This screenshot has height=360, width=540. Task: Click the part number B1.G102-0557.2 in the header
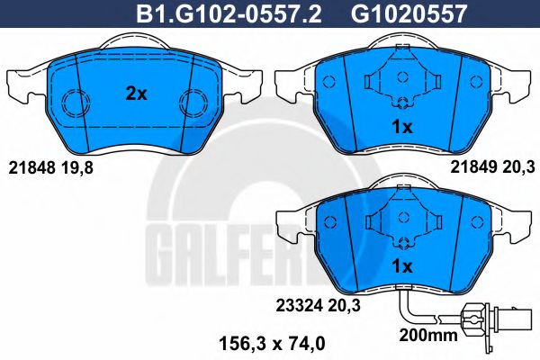click(229, 13)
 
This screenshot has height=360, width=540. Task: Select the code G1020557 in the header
click(409, 13)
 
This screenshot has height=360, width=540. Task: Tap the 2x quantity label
click(137, 94)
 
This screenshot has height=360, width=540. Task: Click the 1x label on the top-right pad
click(402, 128)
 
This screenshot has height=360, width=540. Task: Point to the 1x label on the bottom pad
click(402, 266)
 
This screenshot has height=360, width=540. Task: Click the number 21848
click(31, 167)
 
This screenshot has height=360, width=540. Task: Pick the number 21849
click(473, 167)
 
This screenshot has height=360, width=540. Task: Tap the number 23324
click(300, 305)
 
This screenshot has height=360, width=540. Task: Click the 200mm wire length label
click(428, 335)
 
